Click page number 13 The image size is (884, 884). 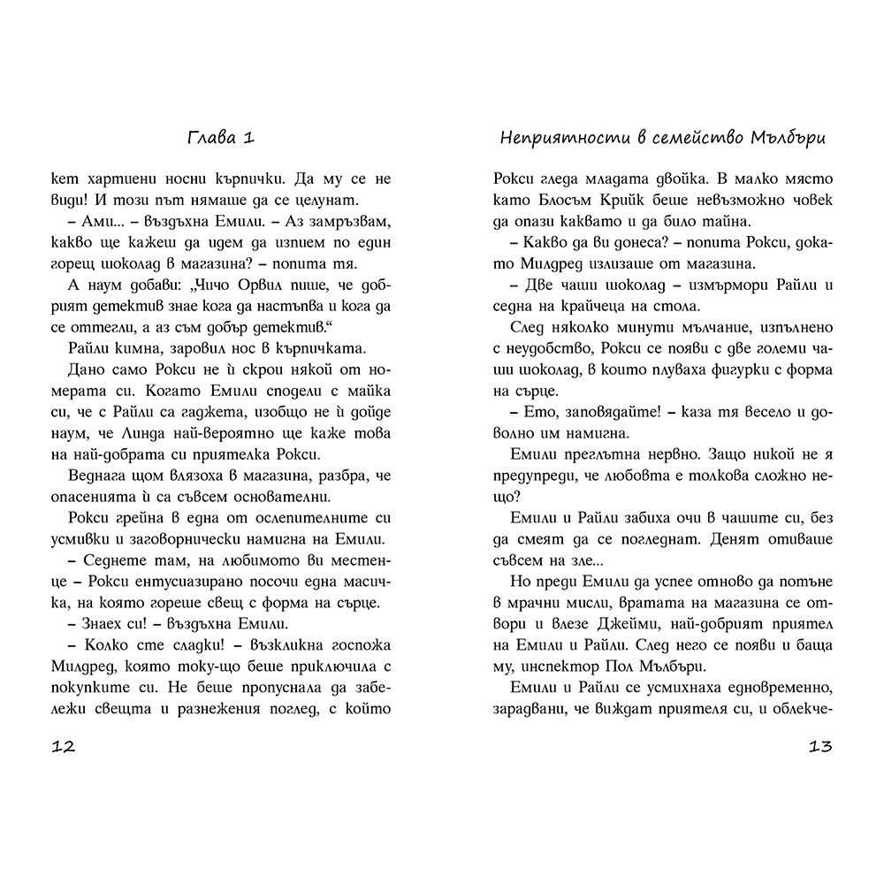[x=820, y=747]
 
